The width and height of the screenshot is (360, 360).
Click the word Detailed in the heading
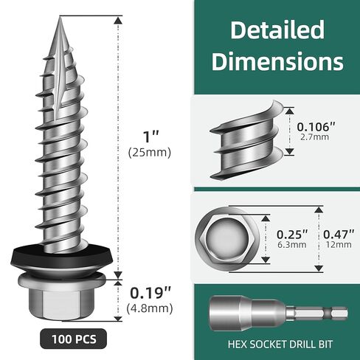[x=277, y=30]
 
